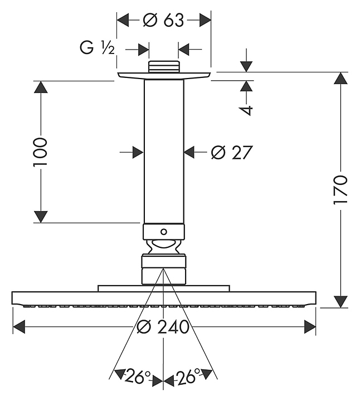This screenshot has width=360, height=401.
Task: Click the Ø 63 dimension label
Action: pos(163,21)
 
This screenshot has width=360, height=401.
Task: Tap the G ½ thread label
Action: pos(97,48)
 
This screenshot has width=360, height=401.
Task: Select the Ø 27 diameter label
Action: pos(232,151)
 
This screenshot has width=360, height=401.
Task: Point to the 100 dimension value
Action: pos(41,151)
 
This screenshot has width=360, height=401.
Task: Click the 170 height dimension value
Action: pos(340,190)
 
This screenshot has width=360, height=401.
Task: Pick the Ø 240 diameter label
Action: pos(163,327)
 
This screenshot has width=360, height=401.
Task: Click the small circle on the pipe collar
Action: pos(163,231)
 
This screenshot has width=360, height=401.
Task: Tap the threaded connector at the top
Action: pos(163,67)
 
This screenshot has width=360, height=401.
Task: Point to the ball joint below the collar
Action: pos(163,246)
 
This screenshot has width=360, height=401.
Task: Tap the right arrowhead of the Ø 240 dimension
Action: pos(310,327)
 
